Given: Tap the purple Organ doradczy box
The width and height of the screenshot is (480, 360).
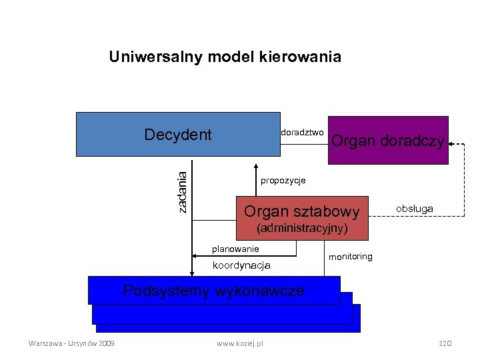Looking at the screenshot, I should pos(387,140).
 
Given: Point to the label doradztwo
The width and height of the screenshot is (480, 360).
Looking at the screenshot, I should pos(303,132).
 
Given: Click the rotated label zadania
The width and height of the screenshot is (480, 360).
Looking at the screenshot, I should pos(182,190).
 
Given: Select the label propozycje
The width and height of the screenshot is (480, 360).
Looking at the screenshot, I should pos(283,181).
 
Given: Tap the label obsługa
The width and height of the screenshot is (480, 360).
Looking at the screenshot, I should pos(414,209).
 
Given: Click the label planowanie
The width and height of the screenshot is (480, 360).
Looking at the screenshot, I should pos(235,249).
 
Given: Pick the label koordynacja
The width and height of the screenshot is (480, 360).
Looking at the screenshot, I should pos(241,265).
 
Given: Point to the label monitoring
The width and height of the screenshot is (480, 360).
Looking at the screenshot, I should pos(351,257).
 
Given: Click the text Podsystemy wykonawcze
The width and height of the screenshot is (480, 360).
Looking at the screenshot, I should pos(214,291).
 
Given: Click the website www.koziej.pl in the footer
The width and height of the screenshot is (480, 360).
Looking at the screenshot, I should pos(240,343).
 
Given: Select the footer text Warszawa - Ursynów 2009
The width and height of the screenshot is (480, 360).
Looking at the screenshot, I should pos(71,343).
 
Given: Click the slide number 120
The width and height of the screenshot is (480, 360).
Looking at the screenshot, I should pos(445,343).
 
